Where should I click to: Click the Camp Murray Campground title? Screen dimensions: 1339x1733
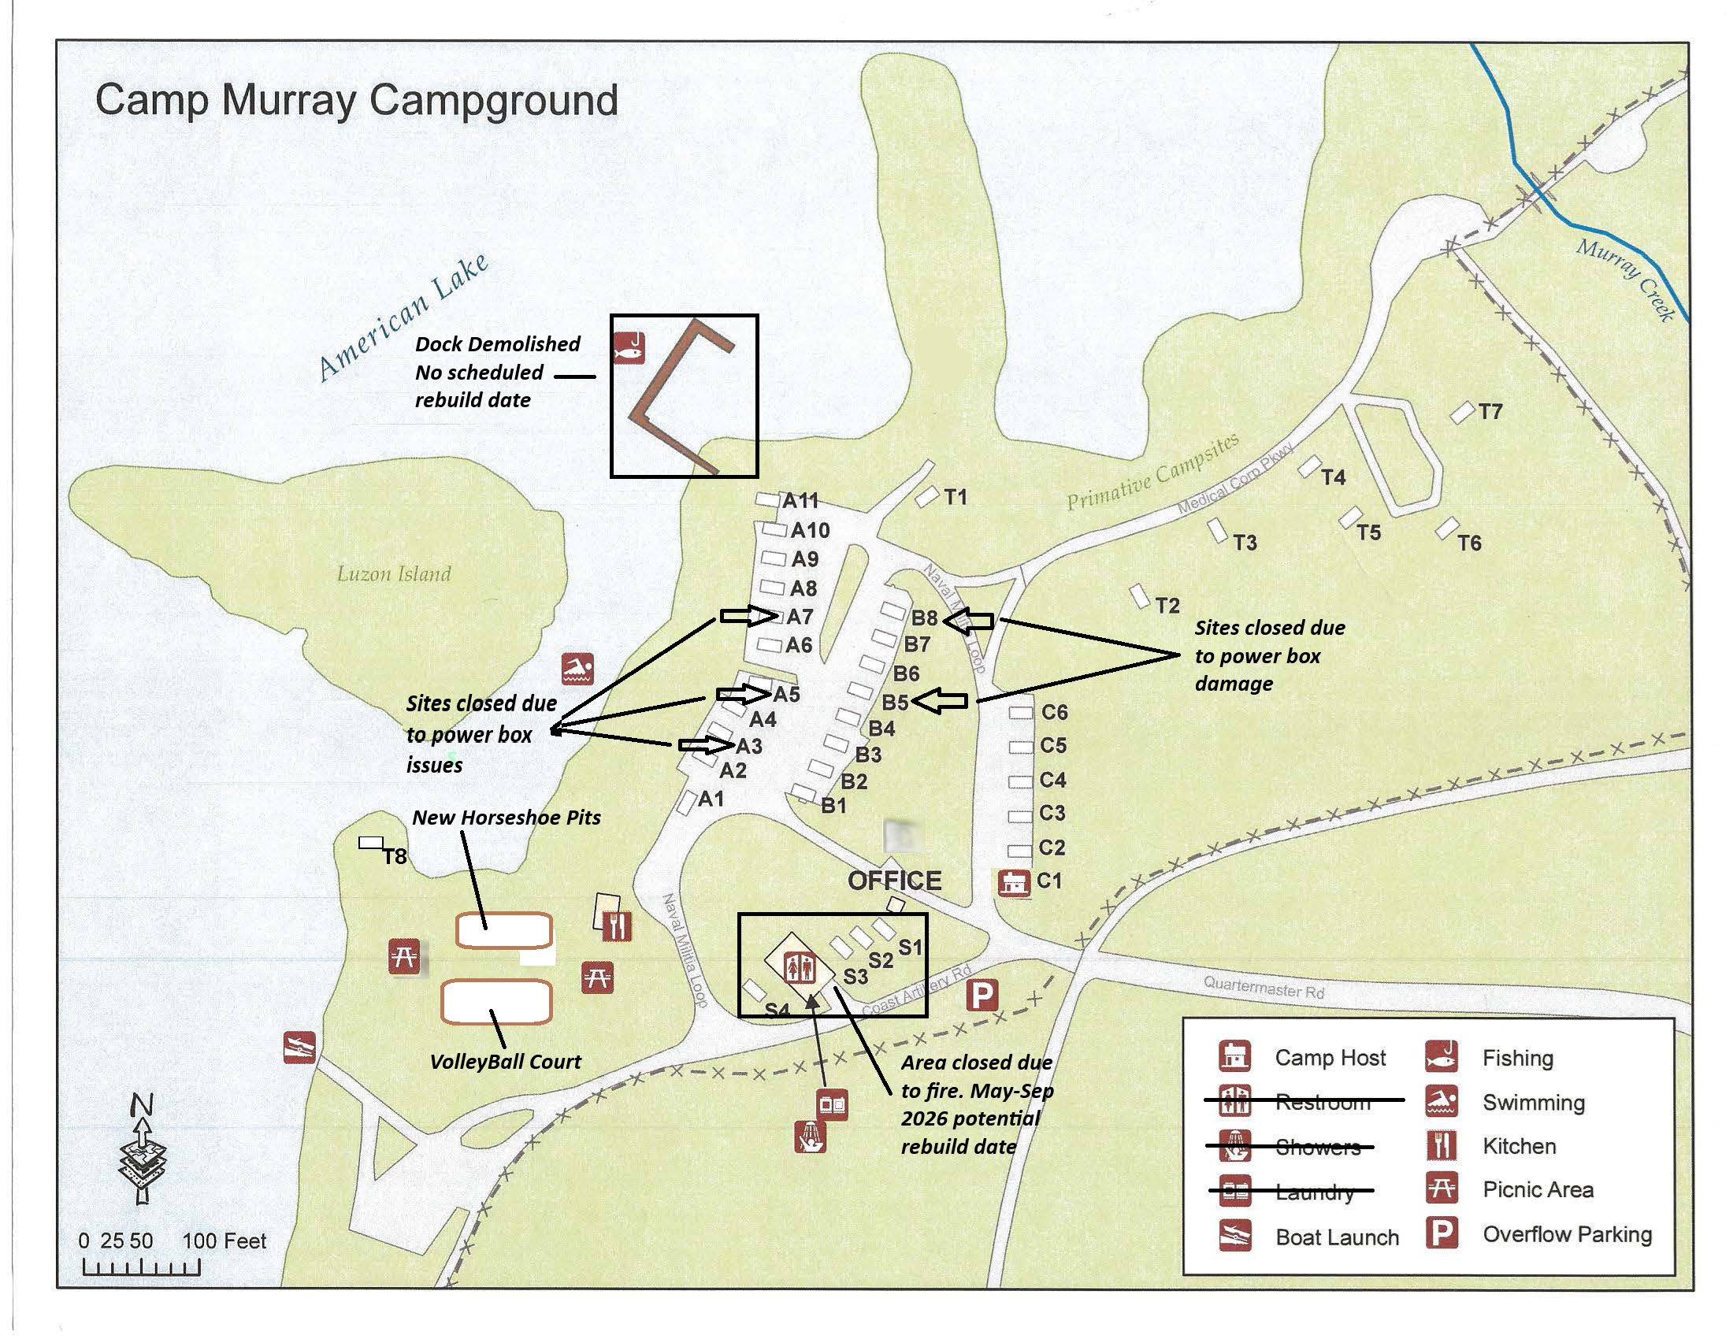pos(356,101)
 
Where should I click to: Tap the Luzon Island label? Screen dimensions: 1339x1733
pos(394,573)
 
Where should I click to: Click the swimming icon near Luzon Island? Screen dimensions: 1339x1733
pos(577,669)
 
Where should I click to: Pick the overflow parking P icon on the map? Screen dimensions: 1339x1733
pos(982,995)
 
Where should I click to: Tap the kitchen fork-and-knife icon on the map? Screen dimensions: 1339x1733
pos(617,925)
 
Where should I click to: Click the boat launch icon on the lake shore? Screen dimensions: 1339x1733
pos(299,1048)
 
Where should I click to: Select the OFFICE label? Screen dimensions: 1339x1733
pos(894,881)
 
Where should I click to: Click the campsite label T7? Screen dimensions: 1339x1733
pos(1490,412)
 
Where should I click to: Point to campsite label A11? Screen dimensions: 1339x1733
pos(800,500)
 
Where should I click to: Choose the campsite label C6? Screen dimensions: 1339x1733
pos(1054,712)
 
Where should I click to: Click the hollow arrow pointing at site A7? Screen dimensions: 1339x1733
pos(748,617)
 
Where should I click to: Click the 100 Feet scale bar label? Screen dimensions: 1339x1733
pos(225,1241)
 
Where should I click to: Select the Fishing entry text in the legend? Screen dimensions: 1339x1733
pos(1517,1058)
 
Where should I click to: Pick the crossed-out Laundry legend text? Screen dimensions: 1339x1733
pos(1314,1192)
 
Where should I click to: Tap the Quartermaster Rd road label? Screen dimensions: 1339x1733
pos(1263,988)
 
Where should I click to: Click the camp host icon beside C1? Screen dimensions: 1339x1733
pos(1013,883)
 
